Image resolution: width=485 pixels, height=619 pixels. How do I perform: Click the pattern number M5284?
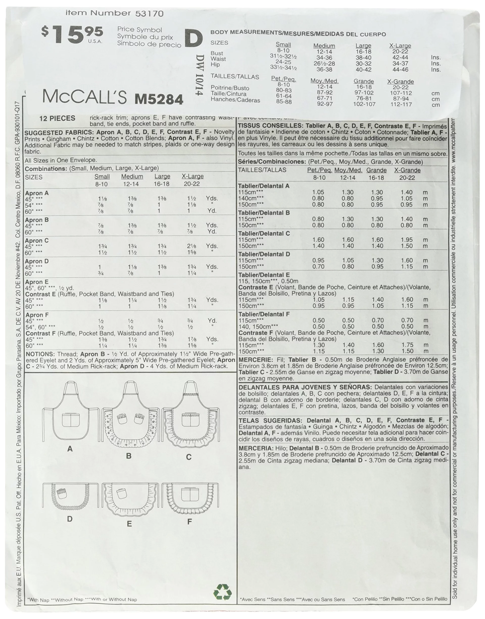click(159, 99)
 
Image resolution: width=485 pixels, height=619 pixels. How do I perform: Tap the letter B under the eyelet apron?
click(129, 456)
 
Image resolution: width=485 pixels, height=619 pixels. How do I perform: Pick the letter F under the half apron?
click(189, 521)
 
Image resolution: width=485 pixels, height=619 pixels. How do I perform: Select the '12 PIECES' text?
click(57, 119)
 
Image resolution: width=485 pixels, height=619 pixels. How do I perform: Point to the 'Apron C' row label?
click(37, 241)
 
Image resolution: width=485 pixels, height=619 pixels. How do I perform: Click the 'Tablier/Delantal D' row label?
click(264, 254)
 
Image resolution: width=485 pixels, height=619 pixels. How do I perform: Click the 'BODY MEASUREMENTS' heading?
click(246, 32)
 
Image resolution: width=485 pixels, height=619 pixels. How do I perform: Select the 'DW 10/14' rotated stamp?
click(200, 75)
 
